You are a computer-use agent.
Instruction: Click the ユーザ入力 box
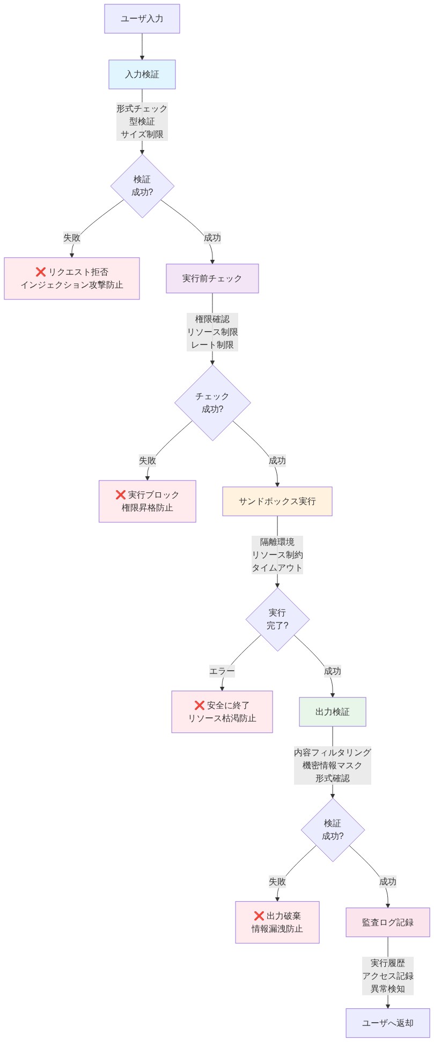(142, 19)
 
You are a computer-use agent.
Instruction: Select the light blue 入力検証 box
(142, 74)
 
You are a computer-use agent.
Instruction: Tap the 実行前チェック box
(212, 279)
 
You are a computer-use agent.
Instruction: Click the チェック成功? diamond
(212, 403)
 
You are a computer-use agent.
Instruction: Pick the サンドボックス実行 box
(277, 501)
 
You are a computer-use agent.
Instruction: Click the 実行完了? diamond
(277, 619)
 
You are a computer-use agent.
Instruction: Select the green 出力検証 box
(332, 712)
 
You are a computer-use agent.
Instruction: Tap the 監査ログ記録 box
(387, 923)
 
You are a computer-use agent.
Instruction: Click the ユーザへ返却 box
(387, 1023)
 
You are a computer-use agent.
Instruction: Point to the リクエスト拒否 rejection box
(71, 279)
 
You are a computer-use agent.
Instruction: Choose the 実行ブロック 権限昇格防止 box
(147, 501)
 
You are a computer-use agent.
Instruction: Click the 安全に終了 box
(222, 712)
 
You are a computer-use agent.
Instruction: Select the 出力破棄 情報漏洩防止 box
(277, 923)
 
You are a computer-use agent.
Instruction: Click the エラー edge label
(222, 671)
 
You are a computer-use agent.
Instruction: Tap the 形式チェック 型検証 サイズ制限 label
(142, 122)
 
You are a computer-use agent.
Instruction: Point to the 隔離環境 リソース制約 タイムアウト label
(277, 555)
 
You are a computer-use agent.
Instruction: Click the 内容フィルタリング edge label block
(332, 766)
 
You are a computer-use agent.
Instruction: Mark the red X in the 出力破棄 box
(259, 916)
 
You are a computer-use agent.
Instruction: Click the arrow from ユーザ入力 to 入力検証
(142, 47)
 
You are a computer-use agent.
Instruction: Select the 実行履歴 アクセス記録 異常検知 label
(387, 976)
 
